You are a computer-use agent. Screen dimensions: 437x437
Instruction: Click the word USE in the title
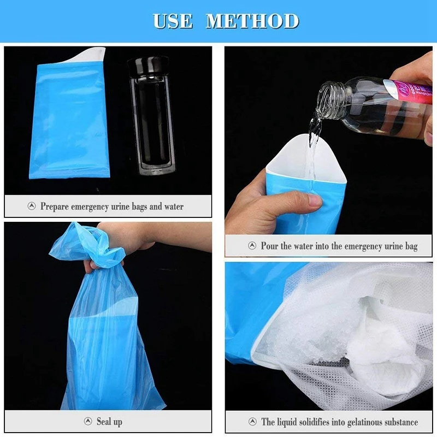pos(173,21)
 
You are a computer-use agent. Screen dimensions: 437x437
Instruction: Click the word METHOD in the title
pos(252,21)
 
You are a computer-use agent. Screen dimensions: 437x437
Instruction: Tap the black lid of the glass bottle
pos(148,67)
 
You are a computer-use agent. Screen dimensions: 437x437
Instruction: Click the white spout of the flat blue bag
pos(87,55)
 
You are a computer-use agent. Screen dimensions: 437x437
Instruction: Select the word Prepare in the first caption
pos(55,207)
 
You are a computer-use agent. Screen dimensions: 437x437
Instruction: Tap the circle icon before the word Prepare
pos(32,206)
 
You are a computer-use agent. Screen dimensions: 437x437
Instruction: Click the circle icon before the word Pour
pos(252,245)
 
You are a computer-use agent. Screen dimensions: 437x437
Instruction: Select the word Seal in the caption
pos(103,421)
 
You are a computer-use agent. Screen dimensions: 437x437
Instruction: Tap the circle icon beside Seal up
pos(88,421)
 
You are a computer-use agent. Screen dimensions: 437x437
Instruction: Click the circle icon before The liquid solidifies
pos(252,421)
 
